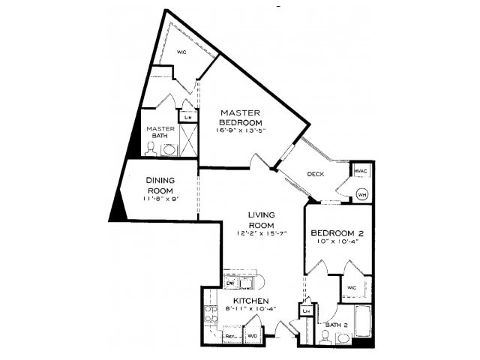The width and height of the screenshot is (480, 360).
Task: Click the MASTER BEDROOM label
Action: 240,118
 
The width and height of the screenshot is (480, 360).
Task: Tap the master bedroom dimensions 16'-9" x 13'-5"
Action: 240,130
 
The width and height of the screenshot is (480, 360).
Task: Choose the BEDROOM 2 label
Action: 337,232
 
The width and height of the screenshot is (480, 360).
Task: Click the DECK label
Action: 315,175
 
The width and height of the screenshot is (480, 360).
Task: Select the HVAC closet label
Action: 361,172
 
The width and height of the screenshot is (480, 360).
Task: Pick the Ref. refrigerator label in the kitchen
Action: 231,337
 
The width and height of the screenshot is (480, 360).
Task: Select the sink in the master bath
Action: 169,149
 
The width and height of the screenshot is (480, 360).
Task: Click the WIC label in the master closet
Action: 181,52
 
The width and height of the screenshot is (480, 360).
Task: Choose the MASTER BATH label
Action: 160,132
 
